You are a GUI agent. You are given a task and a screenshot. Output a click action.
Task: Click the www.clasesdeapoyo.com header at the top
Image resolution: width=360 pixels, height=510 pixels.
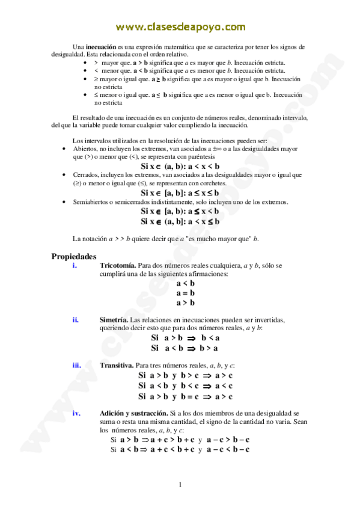(x=180, y=26)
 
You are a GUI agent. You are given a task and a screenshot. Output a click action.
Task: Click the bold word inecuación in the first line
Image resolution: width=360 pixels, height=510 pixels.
(x=101, y=47)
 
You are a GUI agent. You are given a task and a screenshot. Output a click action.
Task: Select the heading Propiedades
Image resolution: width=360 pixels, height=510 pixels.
(x=74, y=256)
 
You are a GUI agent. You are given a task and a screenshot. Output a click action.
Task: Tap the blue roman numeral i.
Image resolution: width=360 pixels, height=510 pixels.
(x=74, y=265)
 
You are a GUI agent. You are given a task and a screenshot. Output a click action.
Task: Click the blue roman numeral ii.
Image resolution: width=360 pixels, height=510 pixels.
(x=76, y=319)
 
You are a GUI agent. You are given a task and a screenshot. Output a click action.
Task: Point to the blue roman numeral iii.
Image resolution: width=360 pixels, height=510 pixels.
(x=77, y=365)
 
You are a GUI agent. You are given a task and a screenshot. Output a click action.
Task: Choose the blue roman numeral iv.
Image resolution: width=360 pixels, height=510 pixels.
(x=77, y=413)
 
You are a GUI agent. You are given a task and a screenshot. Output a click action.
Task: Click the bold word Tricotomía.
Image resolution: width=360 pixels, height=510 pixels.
(x=118, y=265)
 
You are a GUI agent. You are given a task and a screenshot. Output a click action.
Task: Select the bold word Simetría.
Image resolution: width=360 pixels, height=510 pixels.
(x=114, y=319)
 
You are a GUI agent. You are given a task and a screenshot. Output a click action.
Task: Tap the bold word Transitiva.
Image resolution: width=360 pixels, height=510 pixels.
(x=117, y=365)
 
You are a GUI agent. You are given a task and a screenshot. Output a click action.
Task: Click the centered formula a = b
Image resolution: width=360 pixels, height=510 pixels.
(x=186, y=293)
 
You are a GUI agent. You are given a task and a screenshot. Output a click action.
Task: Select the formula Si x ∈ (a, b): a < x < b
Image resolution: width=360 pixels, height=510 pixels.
(x=180, y=166)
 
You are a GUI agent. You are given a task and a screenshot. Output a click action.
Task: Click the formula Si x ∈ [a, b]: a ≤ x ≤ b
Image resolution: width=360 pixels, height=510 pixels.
(x=180, y=193)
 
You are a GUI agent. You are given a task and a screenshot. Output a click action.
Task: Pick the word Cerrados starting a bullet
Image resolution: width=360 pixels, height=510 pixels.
(x=87, y=174)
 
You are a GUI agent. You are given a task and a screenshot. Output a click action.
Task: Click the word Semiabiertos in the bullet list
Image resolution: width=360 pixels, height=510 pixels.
(x=93, y=202)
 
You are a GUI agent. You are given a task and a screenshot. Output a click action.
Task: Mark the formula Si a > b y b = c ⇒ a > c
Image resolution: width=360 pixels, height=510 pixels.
(x=185, y=397)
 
